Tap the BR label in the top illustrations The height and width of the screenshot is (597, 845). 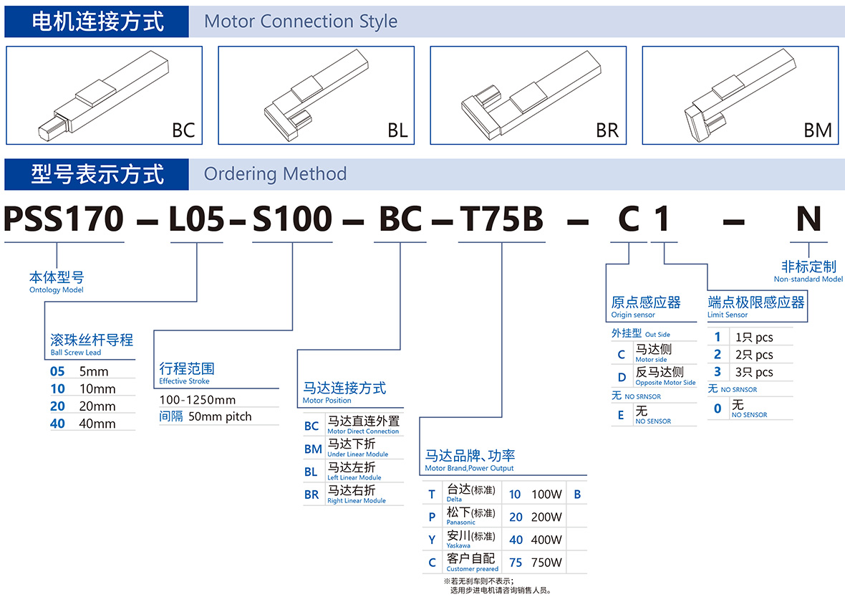[x=607, y=130]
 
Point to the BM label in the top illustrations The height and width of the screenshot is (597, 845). [x=818, y=130]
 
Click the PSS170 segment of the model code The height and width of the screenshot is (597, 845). [x=64, y=219]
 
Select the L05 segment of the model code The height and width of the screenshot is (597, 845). [x=197, y=219]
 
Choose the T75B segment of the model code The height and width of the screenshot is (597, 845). [x=501, y=219]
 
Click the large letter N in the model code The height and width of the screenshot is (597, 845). [x=808, y=219]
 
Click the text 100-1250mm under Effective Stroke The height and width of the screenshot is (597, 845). [x=198, y=400]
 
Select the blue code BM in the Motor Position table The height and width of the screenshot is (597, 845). [x=313, y=449]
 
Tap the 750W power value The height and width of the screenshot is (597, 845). [x=546, y=563]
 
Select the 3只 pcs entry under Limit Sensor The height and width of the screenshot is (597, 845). [x=754, y=372]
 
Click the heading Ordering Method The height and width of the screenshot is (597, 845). [x=275, y=174]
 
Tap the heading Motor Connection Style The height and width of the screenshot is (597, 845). [x=301, y=22]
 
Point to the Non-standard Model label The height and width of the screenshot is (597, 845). [x=808, y=279]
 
